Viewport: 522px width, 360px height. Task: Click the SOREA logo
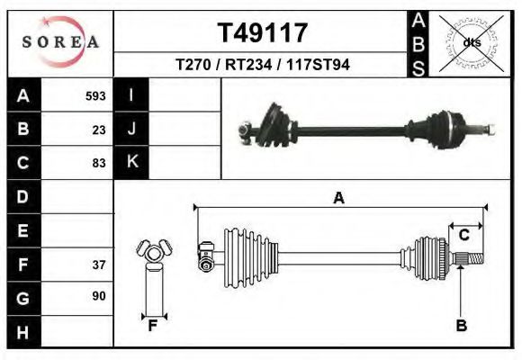tap(59, 42)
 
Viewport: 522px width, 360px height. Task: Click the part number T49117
tap(263, 33)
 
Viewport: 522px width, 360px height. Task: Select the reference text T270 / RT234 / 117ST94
tap(263, 66)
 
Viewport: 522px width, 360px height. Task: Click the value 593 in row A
tap(95, 95)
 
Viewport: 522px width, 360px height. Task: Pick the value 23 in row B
tap(99, 130)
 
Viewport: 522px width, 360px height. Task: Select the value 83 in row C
tap(99, 163)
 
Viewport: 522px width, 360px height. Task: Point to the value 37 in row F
tap(99, 265)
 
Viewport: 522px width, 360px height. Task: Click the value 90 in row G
tap(99, 296)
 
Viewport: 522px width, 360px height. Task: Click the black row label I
tap(131, 95)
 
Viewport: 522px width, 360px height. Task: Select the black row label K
tap(131, 163)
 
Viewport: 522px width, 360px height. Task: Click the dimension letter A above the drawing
tap(339, 198)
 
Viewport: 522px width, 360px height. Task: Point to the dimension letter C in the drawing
tap(464, 235)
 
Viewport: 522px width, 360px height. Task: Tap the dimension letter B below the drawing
tap(462, 326)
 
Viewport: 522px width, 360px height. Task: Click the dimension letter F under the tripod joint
tap(153, 326)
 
